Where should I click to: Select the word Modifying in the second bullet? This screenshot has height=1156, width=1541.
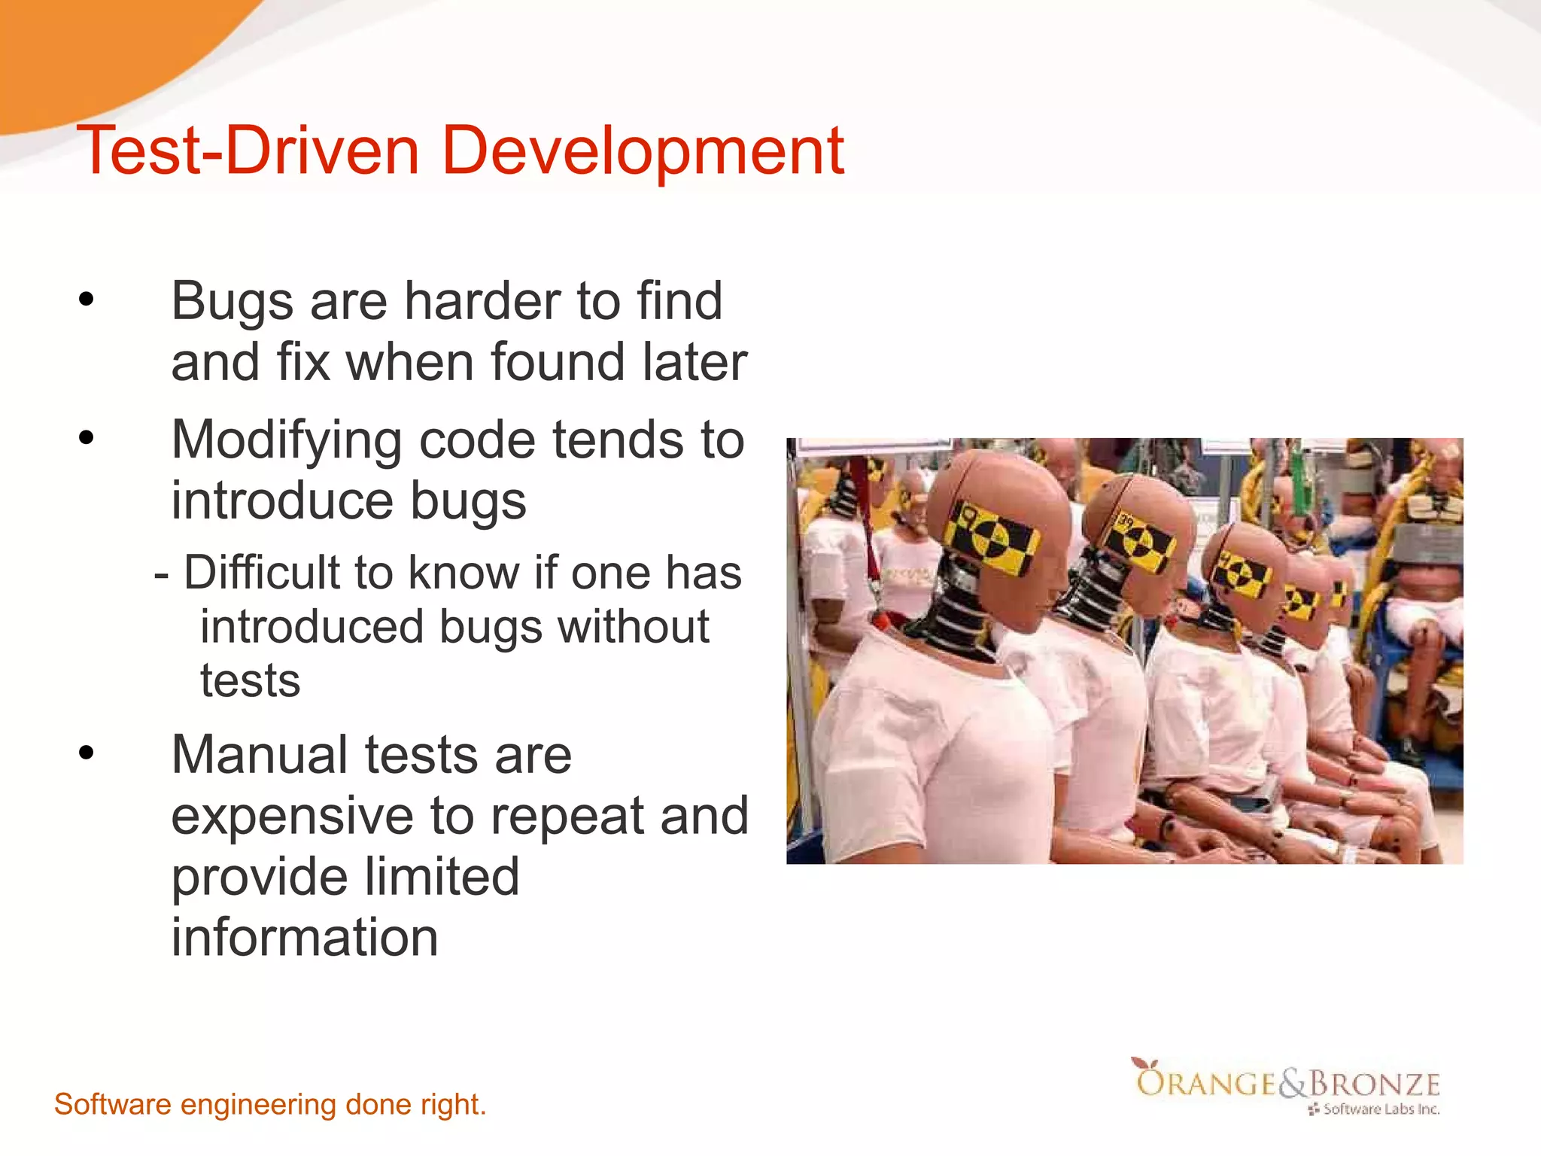pyautogui.click(x=287, y=440)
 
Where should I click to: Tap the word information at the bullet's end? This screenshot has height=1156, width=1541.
pyautogui.click(x=304, y=938)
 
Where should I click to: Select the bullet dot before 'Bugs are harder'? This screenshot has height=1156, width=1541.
pyautogui.click(x=87, y=300)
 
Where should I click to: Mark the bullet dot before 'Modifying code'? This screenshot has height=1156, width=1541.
pyautogui.click(x=87, y=437)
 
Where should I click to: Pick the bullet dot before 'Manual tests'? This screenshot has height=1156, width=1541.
pyautogui.click(x=87, y=753)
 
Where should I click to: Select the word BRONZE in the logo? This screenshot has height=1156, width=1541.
pyautogui.click(x=1374, y=1084)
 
